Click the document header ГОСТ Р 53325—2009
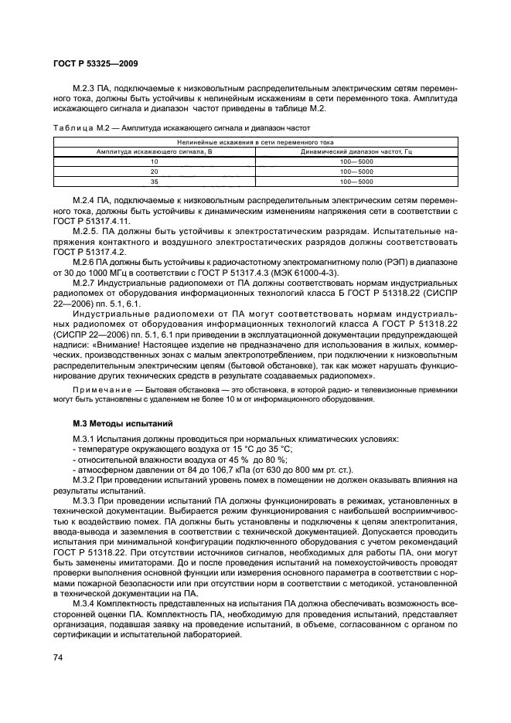(96, 64)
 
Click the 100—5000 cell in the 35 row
(356, 181)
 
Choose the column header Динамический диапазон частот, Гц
(356, 151)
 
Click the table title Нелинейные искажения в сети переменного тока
(255, 142)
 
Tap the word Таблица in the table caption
(73, 128)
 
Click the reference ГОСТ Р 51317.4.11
(87, 220)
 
